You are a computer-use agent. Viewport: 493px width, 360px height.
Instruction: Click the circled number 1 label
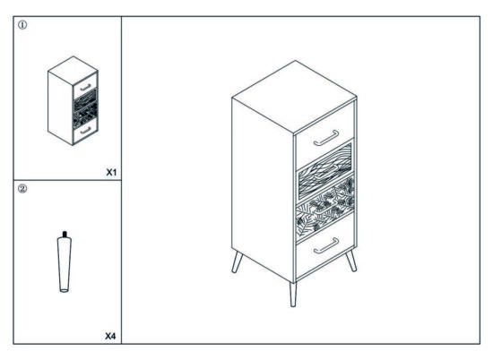click(22, 25)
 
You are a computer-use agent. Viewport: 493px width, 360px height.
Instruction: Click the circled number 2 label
click(22, 189)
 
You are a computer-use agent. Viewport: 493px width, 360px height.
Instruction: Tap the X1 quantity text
click(111, 172)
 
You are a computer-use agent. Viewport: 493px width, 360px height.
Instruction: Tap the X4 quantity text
click(110, 336)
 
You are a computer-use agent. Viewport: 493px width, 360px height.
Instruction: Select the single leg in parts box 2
click(65, 261)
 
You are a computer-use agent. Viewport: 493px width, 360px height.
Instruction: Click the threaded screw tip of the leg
click(65, 234)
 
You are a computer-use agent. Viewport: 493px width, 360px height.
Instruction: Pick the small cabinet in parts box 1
click(73, 100)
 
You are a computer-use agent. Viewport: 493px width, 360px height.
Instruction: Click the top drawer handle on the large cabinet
click(326, 138)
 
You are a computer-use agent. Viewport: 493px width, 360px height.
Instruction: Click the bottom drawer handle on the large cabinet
click(326, 245)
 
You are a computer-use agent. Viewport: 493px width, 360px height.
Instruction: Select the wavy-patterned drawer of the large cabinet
click(325, 172)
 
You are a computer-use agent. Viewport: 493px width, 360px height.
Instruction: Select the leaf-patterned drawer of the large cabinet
click(325, 208)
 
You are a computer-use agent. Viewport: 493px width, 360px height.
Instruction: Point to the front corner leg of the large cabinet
click(293, 295)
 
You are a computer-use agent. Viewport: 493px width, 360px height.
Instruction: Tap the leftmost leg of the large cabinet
click(237, 262)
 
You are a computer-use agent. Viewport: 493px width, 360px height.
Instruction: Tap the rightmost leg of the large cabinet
click(351, 261)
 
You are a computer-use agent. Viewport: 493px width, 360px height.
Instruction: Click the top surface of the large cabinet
click(294, 97)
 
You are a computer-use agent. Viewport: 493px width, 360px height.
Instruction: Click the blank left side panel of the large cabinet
click(263, 188)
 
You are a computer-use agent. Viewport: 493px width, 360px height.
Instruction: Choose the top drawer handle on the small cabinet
click(85, 88)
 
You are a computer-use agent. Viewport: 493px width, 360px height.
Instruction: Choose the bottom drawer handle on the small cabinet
click(85, 130)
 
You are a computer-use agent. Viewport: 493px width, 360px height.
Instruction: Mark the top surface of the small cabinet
click(73, 71)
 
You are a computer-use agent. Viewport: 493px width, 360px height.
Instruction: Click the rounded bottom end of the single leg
click(65, 290)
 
